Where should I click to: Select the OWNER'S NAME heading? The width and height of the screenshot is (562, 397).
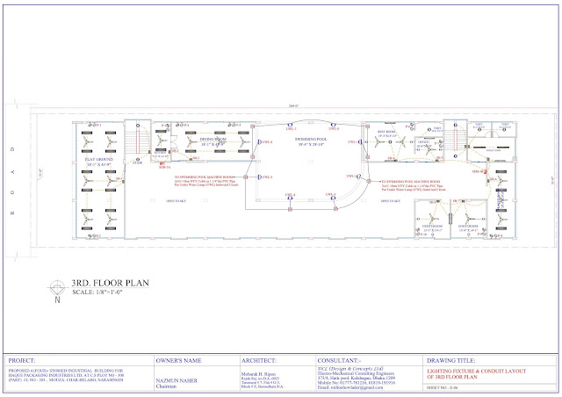point(183,359)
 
